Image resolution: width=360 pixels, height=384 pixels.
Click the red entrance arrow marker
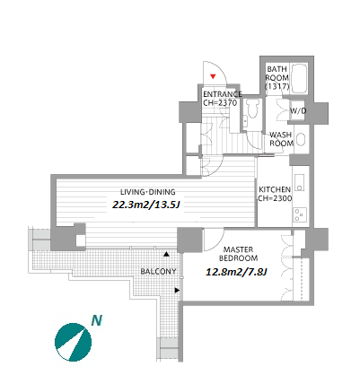[x=213, y=76]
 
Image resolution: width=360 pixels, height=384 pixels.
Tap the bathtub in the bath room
[x=299, y=78]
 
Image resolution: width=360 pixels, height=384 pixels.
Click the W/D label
[x=298, y=111]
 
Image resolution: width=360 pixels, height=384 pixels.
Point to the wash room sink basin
[x=300, y=139]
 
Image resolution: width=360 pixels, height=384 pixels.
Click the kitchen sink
[x=299, y=182]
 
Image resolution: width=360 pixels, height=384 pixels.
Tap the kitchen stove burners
[x=300, y=214]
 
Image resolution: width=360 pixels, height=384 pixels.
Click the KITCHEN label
[x=275, y=189]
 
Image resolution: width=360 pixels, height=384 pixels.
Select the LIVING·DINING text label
[x=148, y=192]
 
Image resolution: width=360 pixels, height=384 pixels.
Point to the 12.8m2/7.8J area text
[x=236, y=272]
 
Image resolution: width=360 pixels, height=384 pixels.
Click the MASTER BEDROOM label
[x=239, y=254]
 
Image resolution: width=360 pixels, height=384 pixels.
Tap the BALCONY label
[x=158, y=272]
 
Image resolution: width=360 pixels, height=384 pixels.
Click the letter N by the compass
[x=97, y=320]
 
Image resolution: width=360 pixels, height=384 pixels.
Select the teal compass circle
[x=73, y=342]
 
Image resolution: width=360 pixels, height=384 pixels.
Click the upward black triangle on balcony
[x=166, y=254]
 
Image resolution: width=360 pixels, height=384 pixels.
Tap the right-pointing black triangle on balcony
[x=177, y=290]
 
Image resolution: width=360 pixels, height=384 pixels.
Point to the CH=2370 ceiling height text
[x=220, y=103]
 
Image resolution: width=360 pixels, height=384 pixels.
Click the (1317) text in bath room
[x=277, y=86]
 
